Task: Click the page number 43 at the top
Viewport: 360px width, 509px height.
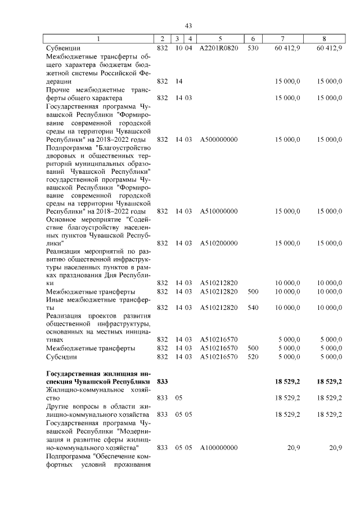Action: (x=188, y=26)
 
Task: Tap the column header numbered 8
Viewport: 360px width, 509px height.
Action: (x=325, y=39)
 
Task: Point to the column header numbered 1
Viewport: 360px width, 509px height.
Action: (x=99, y=39)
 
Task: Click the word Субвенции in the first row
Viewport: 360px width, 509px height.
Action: (x=63, y=48)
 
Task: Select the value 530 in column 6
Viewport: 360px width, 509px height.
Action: (x=253, y=48)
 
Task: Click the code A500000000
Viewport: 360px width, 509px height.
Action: (x=219, y=138)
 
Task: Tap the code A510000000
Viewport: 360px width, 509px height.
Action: (x=219, y=211)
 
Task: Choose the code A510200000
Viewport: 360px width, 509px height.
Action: (x=219, y=243)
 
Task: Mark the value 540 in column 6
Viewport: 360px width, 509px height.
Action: (x=253, y=308)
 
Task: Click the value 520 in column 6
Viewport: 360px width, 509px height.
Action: (x=253, y=357)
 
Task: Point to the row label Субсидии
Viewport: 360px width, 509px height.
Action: (x=61, y=357)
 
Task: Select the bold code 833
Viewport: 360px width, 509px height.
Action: (x=163, y=381)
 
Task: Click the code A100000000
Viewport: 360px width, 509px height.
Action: (x=219, y=447)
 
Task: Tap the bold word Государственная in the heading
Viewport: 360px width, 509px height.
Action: (x=75, y=373)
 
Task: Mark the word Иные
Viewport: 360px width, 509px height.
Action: (x=56, y=300)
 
